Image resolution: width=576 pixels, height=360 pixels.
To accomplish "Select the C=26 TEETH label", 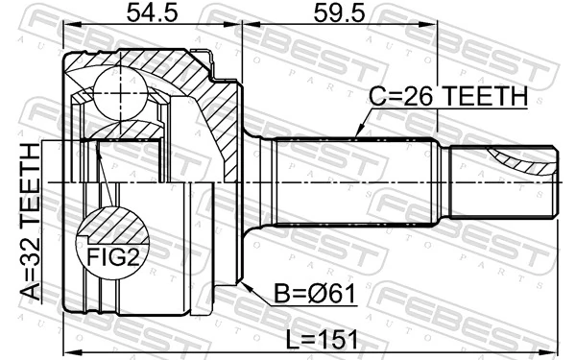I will (x=449, y=97).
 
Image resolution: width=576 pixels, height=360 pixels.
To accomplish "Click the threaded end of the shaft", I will (x=504, y=181).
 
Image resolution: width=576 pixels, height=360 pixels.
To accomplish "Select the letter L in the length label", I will (x=294, y=337).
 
